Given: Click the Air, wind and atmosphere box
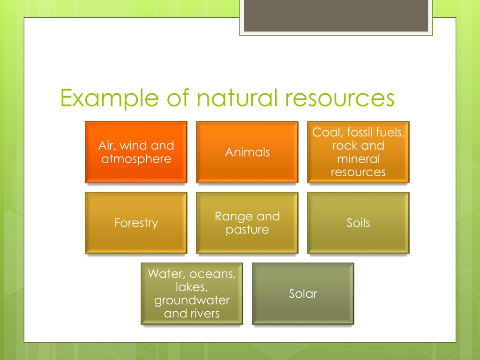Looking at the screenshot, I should click(x=136, y=152).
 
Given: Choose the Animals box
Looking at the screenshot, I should click(x=247, y=152).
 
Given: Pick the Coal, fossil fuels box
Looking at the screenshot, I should click(x=358, y=152).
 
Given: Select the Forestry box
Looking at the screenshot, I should click(x=136, y=223).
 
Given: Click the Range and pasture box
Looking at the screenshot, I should click(x=247, y=223).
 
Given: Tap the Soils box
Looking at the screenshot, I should click(x=358, y=223).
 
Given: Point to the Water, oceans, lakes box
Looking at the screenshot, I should click(x=192, y=293).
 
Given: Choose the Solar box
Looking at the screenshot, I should click(x=303, y=293).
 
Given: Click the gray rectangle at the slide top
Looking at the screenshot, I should click(x=336, y=15).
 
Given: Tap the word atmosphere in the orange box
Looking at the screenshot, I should click(x=136, y=159).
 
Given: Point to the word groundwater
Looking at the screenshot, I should click(x=192, y=300).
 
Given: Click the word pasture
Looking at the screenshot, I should click(x=247, y=230).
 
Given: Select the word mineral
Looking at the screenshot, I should click(x=358, y=159).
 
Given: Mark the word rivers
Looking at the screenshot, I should click(x=204, y=313).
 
